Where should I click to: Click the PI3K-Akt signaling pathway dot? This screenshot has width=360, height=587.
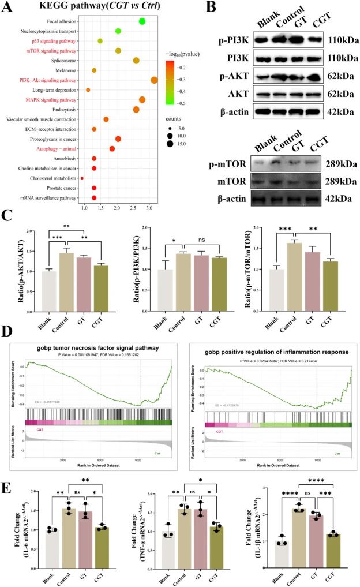click(x=154, y=80)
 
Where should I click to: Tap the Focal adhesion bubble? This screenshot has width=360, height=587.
click(x=142, y=21)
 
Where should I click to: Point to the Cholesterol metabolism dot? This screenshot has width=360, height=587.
click(x=82, y=178)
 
